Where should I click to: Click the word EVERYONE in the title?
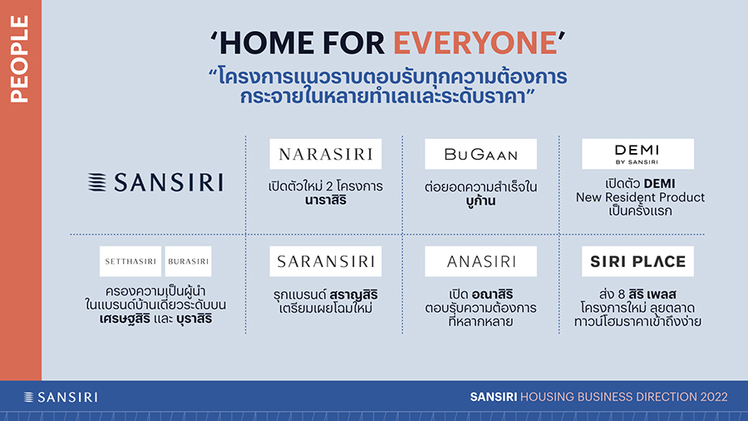tap(475, 43)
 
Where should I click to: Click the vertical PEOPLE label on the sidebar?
tap(20, 59)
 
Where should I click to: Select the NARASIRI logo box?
tap(325, 154)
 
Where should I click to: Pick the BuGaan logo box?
tap(481, 154)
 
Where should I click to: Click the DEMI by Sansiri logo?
tap(637, 154)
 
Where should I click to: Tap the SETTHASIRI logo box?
tap(130, 261)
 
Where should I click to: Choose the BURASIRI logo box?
tap(188, 261)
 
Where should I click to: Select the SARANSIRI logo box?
tap(325, 261)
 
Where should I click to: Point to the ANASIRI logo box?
tap(481, 261)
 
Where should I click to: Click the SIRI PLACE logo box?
tap(637, 261)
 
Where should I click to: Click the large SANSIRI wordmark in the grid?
tap(169, 182)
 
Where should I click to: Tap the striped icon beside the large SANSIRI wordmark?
tap(97, 182)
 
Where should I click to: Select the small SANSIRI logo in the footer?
tap(61, 397)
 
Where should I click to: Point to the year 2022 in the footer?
tap(714, 397)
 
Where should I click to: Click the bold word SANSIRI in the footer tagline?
tap(493, 397)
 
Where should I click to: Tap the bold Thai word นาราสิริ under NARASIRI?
tap(325, 201)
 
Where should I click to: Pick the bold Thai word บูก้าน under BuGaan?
tap(481, 201)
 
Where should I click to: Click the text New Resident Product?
tap(640, 198)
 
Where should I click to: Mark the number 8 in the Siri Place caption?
tap(621, 295)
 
